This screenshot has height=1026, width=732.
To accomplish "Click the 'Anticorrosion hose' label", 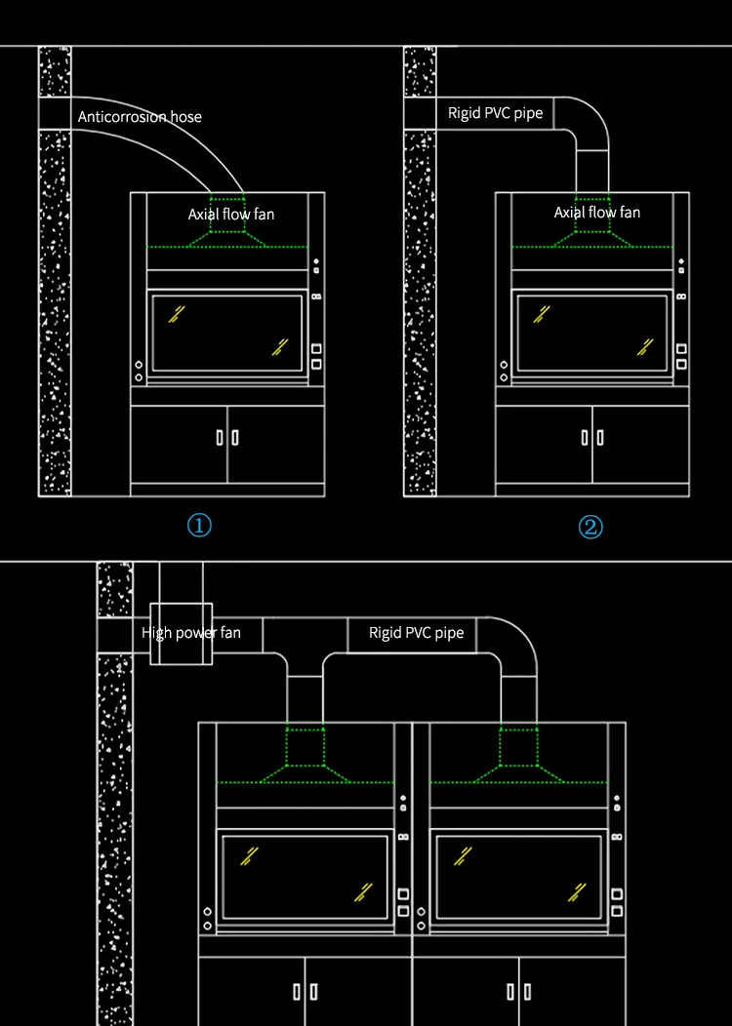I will pyautogui.click(x=140, y=117).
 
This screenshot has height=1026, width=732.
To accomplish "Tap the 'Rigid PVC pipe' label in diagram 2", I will pyautogui.click(x=495, y=113).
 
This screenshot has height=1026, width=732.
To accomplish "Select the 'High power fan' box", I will pyautogui.click(x=181, y=634).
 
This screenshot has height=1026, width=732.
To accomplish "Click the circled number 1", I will pyautogui.click(x=199, y=527).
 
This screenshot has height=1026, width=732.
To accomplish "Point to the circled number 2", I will pyautogui.click(x=590, y=528).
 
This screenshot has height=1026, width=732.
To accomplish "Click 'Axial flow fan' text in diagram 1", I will pyautogui.click(x=231, y=214).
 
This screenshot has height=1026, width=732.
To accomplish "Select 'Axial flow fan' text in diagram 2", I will pyautogui.click(x=597, y=213).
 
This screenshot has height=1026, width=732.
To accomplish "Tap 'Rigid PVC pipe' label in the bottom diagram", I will pyautogui.click(x=416, y=634).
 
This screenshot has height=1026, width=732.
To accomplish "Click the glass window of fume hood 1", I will pyautogui.click(x=226, y=332).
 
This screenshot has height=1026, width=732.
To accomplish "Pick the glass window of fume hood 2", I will pyautogui.click(x=592, y=332).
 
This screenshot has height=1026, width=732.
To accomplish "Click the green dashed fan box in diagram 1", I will pyautogui.click(x=227, y=215).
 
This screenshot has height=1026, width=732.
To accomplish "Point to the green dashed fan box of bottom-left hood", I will pyautogui.click(x=305, y=747).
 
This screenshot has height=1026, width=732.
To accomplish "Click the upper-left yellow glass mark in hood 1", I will pyautogui.click(x=177, y=313).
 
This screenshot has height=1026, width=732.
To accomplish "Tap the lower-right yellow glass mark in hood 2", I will pyautogui.click(x=645, y=346).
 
